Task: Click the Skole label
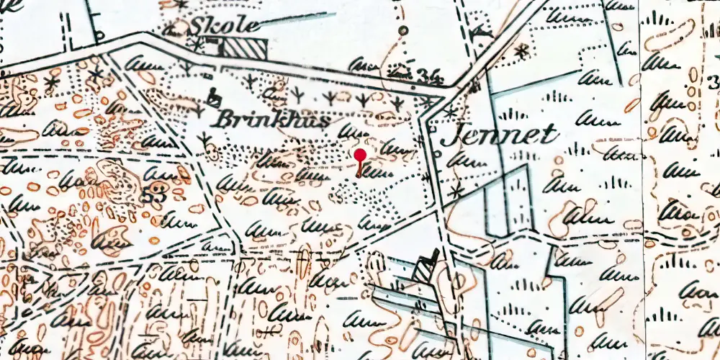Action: pos(224,26)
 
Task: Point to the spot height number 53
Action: pos(151,196)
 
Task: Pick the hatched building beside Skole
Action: pos(243,48)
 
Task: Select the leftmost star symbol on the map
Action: pos(51,82)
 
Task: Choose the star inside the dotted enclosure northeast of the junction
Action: pos(521,50)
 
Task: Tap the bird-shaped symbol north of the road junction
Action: pos(479,32)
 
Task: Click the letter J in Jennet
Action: pos(451,135)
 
